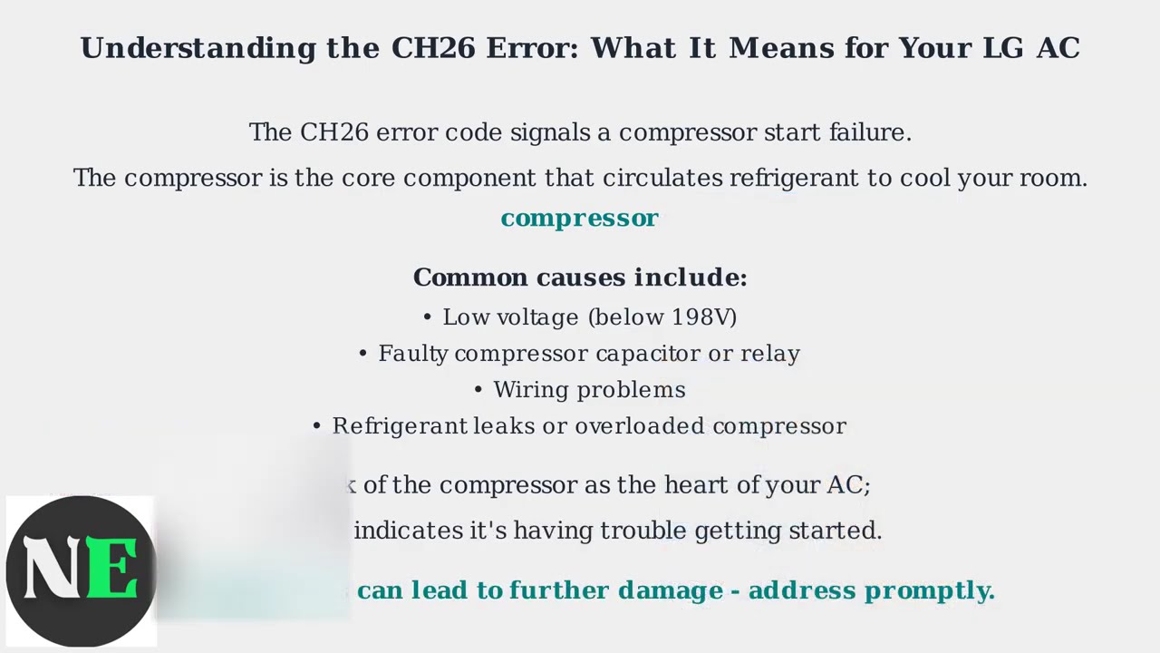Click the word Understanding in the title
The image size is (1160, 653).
tap(198, 48)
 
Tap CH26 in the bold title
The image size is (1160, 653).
tap(432, 48)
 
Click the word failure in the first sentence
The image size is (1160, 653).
tap(869, 132)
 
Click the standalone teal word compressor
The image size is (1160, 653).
tap(579, 219)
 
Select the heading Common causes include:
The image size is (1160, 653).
tap(580, 278)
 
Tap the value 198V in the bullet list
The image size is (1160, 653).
tap(701, 317)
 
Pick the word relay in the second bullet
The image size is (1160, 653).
tap(770, 354)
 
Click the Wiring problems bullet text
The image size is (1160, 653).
tap(589, 390)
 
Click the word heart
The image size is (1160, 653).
tap(697, 485)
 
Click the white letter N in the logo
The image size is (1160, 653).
tap(53, 569)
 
